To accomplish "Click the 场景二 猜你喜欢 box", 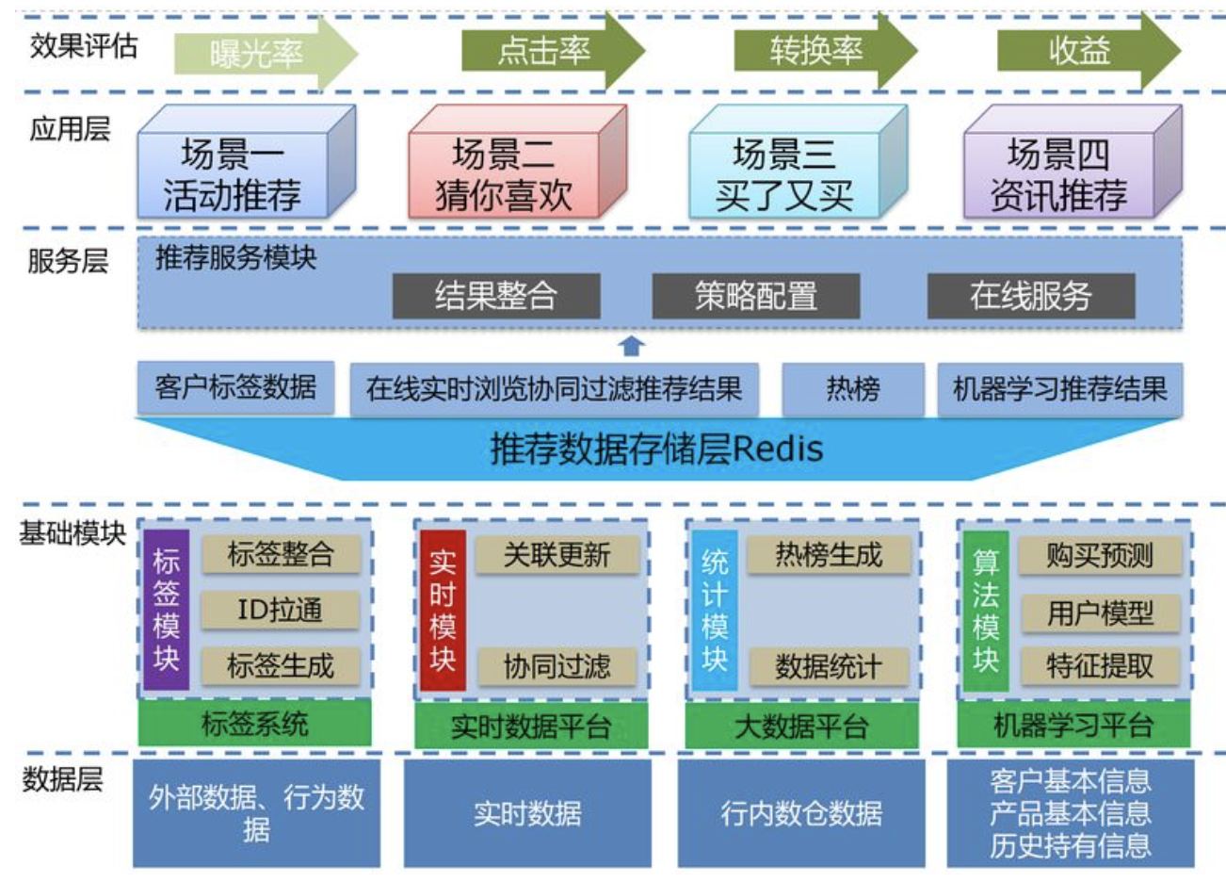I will click(x=507, y=174).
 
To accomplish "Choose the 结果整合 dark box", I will click(x=496, y=296).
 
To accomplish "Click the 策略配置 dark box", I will click(x=756, y=296).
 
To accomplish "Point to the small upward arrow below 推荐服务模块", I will click(x=632, y=346).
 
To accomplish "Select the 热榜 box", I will click(x=853, y=388).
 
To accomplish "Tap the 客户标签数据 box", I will click(x=235, y=387).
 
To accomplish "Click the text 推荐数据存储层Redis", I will click(x=656, y=449).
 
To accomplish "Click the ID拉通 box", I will click(x=281, y=610).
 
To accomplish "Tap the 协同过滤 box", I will click(x=557, y=666).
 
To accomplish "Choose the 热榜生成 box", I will click(x=829, y=555).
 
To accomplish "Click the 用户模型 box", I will click(x=1100, y=613).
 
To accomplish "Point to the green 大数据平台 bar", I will click(x=801, y=726).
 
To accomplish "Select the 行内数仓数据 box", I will click(x=801, y=812).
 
